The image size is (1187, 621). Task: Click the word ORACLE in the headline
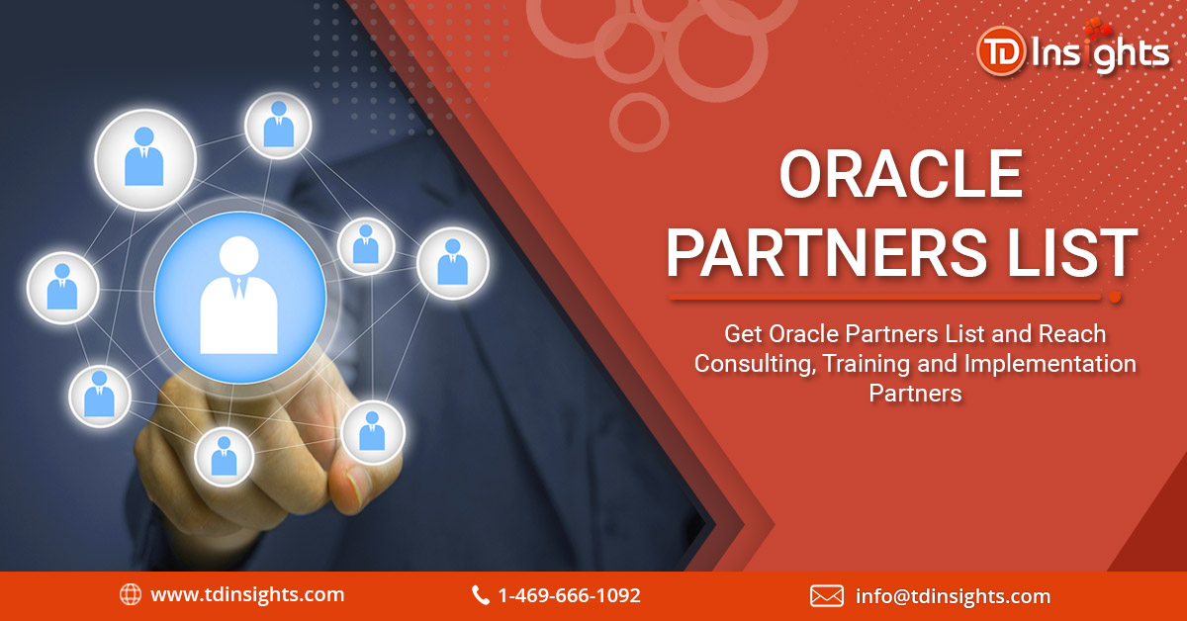point(900,175)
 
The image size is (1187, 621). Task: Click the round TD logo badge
point(999,50)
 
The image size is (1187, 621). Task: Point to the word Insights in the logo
point(1099,52)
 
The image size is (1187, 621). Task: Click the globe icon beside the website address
point(130,594)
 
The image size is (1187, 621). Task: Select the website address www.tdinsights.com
point(247,594)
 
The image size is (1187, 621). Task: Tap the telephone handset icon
point(481,595)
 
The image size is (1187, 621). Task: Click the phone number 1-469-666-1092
point(569,595)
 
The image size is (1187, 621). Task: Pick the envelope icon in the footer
point(826,595)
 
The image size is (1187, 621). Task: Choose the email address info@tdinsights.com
point(953,595)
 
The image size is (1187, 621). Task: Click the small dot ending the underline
point(1116,297)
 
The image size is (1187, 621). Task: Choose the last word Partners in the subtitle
point(915,393)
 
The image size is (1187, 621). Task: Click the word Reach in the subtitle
point(1073,333)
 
